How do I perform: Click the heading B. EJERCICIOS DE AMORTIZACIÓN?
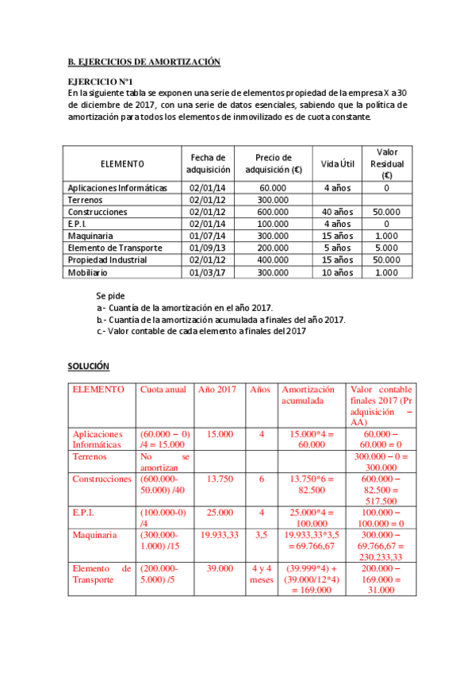(x=144, y=62)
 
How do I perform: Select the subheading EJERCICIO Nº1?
(x=100, y=82)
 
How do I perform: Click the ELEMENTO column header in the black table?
(x=122, y=163)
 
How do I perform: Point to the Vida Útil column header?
(x=337, y=163)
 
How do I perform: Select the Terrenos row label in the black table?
(x=86, y=200)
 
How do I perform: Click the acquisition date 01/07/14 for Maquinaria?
(x=208, y=236)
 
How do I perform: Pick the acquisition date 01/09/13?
(x=208, y=248)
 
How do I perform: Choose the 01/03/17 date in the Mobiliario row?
(x=208, y=272)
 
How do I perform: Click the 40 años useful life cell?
(x=337, y=212)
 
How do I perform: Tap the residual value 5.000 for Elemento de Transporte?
(x=386, y=248)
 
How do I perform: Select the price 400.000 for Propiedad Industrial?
(x=273, y=260)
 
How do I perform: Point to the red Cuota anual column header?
(x=163, y=390)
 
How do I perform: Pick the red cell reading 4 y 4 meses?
(x=262, y=574)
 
